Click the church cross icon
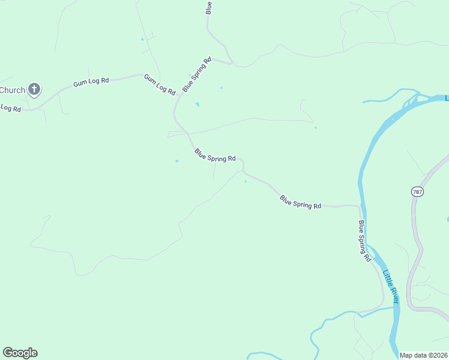[x=34, y=90]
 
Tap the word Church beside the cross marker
[x=13, y=91]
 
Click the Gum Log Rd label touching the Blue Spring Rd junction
[x=160, y=85]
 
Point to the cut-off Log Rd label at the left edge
[x=10, y=108]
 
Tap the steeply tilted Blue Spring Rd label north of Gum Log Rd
[x=197, y=74]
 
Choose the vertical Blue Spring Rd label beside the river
[x=364, y=241]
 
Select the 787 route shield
[x=417, y=191]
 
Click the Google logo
[x=20, y=353]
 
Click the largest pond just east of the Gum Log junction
[x=197, y=105]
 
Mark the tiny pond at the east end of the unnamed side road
[x=315, y=127]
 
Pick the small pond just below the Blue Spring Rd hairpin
[x=245, y=181]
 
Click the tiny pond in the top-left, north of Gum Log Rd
[x=142, y=40]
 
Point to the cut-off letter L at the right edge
[x=447, y=98]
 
